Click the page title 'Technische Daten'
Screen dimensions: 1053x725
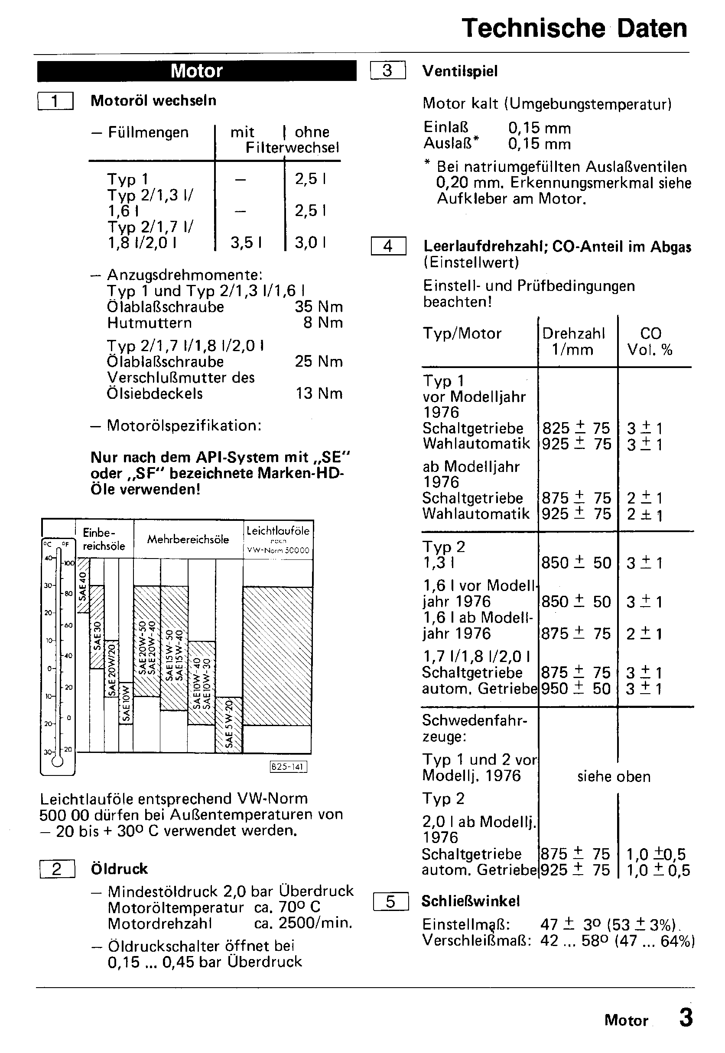click(574, 29)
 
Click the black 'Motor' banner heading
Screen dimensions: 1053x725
click(197, 71)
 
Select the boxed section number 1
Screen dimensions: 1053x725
click(55, 101)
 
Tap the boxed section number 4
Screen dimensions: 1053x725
click(388, 246)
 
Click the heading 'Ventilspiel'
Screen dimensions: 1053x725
click(460, 71)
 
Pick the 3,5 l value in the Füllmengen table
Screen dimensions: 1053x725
click(246, 243)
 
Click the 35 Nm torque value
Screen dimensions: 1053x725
click(319, 307)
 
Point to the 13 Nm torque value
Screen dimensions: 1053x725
click(319, 394)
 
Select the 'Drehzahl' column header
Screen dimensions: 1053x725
click(573, 333)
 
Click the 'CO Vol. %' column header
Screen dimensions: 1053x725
click(650, 341)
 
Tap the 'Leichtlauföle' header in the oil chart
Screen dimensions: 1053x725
click(278, 530)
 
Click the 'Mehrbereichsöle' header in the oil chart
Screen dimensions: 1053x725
click(188, 539)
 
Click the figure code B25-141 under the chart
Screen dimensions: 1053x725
click(289, 767)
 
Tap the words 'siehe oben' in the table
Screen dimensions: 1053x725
click(614, 777)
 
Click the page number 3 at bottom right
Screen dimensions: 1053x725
click(686, 1017)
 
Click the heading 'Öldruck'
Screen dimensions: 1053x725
click(119, 869)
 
